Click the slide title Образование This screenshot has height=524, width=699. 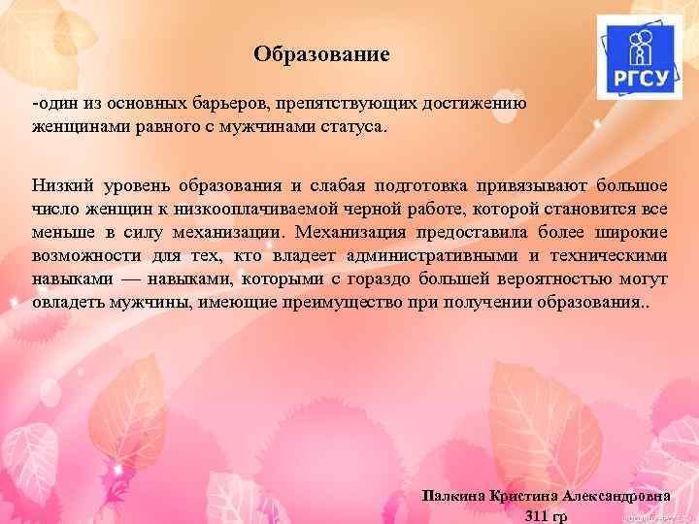click(x=321, y=54)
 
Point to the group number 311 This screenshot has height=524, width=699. click(x=534, y=514)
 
